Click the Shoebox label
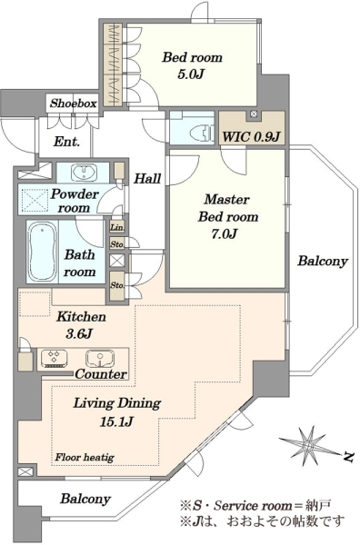click(x=73, y=104)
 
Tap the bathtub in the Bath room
click(x=43, y=252)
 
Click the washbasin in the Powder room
click(x=85, y=173)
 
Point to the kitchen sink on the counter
click(x=100, y=359)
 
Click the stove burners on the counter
click(x=55, y=359)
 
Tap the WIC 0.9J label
click(x=251, y=136)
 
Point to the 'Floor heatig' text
click(x=85, y=457)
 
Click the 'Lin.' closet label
click(x=117, y=228)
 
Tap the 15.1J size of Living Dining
click(x=117, y=421)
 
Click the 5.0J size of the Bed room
click(x=190, y=74)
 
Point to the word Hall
click(x=147, y=179)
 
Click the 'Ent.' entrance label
click(x=66, y=142)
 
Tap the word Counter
click(x=101, y=374)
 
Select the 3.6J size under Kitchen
click(x=79, y=333)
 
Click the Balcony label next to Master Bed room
click(x=323, y=261)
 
